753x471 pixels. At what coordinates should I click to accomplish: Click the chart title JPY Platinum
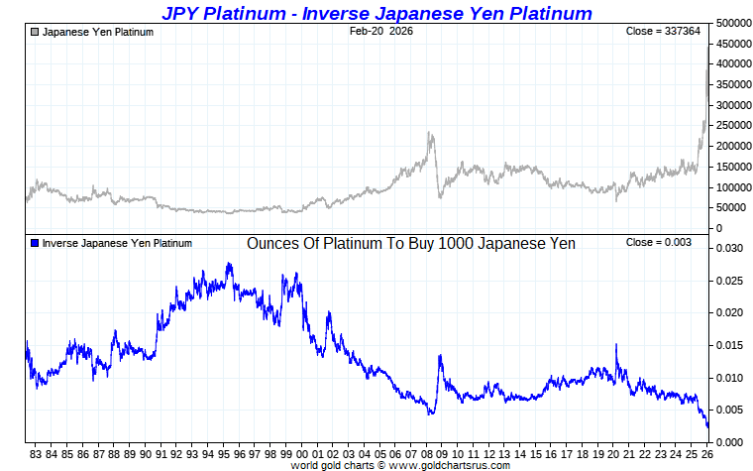click(x=376, y=13)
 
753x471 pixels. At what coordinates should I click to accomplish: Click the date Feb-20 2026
click(x=381, y=32)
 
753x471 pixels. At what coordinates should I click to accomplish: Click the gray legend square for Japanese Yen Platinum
click(x=35, y=32)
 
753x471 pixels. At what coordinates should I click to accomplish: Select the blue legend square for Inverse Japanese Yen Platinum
click(x=35, y=243)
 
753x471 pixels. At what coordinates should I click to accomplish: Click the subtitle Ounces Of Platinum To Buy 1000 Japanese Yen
click(x=410, y=243)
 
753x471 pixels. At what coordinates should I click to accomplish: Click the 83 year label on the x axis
click(x=36, y=454)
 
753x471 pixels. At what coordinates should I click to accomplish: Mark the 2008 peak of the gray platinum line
click(x=429, y=133)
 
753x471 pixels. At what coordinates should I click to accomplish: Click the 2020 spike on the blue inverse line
click(x=616, y=344)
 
